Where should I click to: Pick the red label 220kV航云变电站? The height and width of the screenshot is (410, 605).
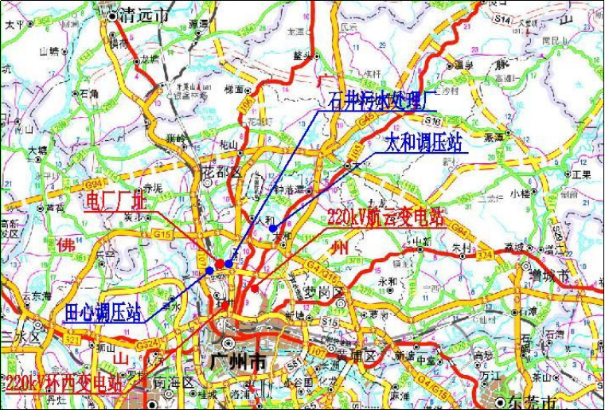point(385,217)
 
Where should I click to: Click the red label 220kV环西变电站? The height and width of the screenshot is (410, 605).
point(64,383)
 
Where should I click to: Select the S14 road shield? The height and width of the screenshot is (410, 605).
point(501,17)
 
